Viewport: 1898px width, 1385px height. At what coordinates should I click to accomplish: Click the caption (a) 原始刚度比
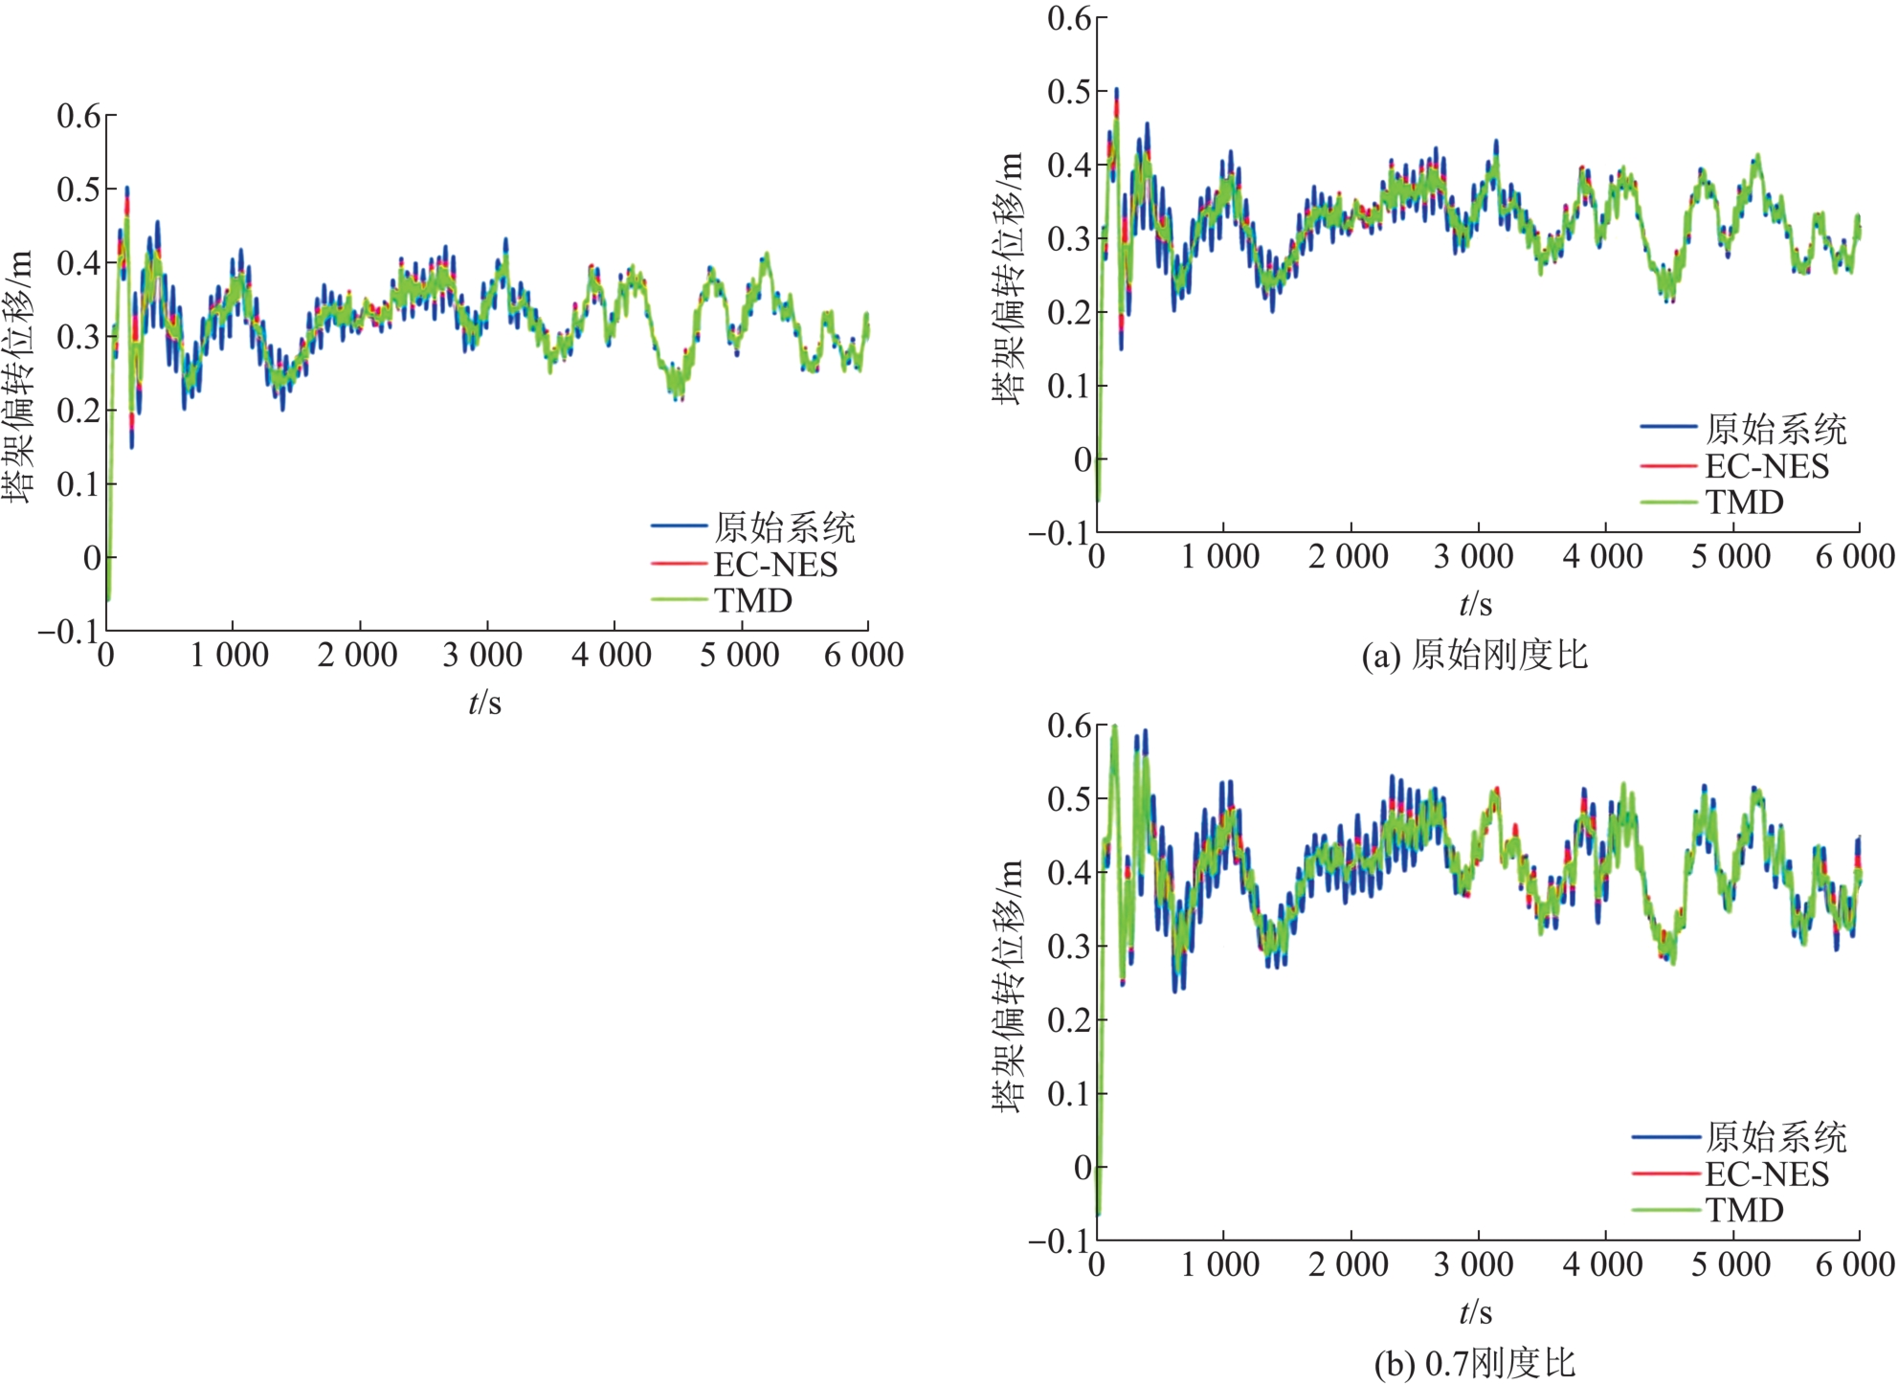click(1475, 655)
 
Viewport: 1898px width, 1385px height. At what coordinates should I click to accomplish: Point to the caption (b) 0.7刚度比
click(1475, 1363)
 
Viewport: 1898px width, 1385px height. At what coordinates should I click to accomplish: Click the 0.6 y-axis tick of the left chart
click(78, 116)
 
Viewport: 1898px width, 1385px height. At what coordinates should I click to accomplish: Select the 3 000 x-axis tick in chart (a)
click(1474, 556)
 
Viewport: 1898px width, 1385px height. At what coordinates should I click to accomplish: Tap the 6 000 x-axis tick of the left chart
click(863, 655)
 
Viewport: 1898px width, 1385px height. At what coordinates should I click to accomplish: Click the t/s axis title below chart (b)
click(1475, 1311)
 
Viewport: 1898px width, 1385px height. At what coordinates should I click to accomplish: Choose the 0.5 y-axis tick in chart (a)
click(1069, 92)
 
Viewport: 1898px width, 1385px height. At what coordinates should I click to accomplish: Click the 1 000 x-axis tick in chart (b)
click(1220, 1264)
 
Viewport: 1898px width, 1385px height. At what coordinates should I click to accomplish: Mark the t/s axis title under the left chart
click(484, 703)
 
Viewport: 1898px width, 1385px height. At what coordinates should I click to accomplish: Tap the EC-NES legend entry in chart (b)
click(1767, 1173)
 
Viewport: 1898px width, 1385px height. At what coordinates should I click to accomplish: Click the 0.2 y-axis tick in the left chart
click(78, 411)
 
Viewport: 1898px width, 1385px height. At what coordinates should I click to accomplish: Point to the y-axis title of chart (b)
click(1008, 986)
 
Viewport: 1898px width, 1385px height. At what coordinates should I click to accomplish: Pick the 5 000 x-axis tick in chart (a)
click(1731, 556)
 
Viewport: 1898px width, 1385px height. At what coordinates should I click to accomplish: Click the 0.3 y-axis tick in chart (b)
click(1069, 947)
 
